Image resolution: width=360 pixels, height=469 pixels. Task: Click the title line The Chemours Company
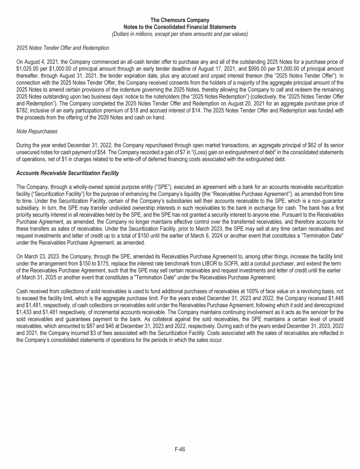pyautogui.click(x=180, y=20)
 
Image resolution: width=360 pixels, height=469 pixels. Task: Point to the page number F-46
pyautogui.click(x=180, y=449)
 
